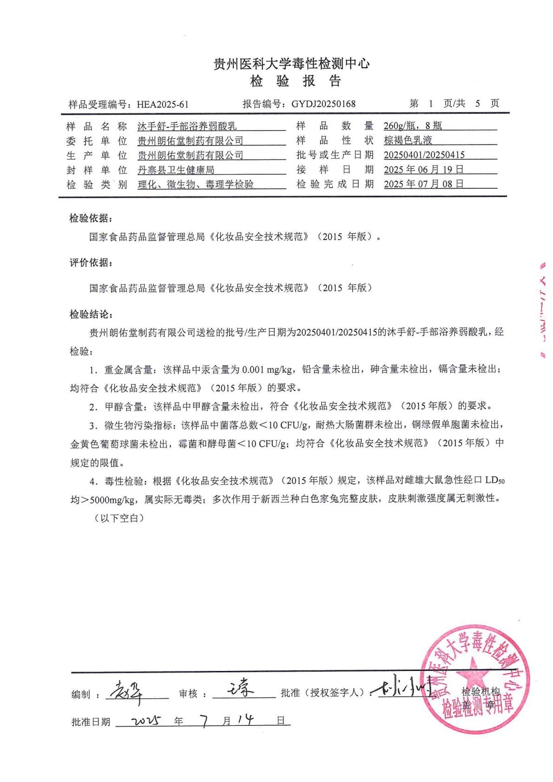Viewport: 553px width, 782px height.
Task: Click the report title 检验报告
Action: point(296,81)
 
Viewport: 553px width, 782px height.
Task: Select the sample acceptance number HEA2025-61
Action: point(163,104)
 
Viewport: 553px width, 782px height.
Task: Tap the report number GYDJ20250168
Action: point(323,104)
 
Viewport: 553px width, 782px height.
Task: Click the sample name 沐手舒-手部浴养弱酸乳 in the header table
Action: point(187,126)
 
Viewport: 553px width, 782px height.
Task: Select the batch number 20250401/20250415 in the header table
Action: point(424,155)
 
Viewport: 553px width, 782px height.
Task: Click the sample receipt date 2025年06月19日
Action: point(423,170)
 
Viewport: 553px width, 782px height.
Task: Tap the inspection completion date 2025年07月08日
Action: point(423,184)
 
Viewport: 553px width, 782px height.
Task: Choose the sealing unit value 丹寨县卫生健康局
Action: point(176,170)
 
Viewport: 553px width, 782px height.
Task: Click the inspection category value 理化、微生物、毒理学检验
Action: point(196,184)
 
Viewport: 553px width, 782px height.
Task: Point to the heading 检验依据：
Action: point(91,218)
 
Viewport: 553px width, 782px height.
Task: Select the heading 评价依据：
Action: point(91,263)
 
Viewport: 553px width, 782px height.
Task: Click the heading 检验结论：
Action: point(91,315)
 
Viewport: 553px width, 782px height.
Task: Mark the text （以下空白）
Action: point(119,518)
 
